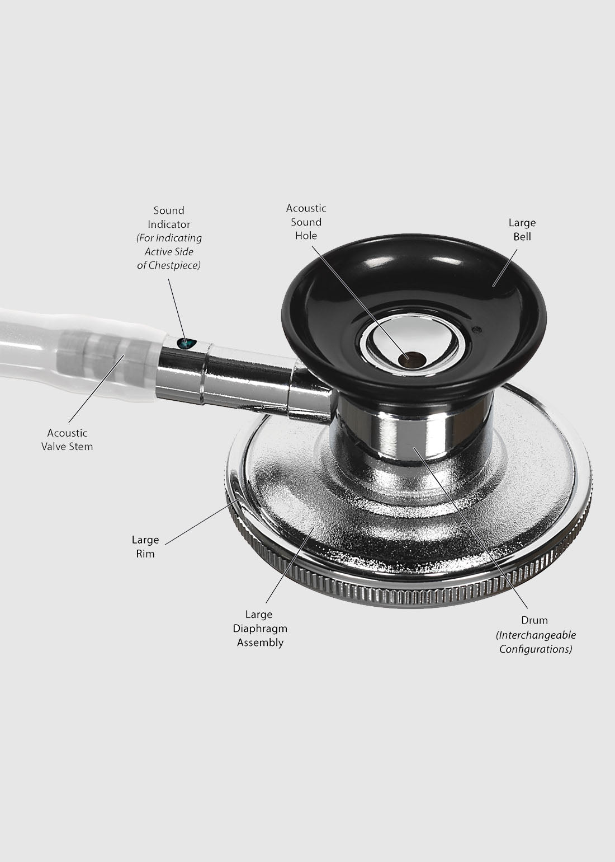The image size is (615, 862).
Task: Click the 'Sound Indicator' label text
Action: tap(169, 217)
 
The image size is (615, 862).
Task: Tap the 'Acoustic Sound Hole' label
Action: tap(306, 222)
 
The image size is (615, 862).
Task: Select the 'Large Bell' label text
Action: tap(522, 229)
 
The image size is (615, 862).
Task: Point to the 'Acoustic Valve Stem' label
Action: tap(67, 440)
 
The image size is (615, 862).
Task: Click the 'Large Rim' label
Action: tap(145, 547)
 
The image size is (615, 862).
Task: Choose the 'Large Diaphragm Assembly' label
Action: tap(260, 629)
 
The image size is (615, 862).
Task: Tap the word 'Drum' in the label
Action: tap(534, 620)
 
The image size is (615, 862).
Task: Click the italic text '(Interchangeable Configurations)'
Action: tap(536, 642)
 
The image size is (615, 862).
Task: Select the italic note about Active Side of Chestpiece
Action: tap(169, 252)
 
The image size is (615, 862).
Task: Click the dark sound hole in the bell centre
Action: tap(409, 359)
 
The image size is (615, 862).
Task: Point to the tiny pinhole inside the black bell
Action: tap(478, 329)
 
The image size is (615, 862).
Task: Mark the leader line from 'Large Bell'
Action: tap(505, 268)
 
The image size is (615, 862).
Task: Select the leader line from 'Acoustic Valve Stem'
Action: tap(96, 388)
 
